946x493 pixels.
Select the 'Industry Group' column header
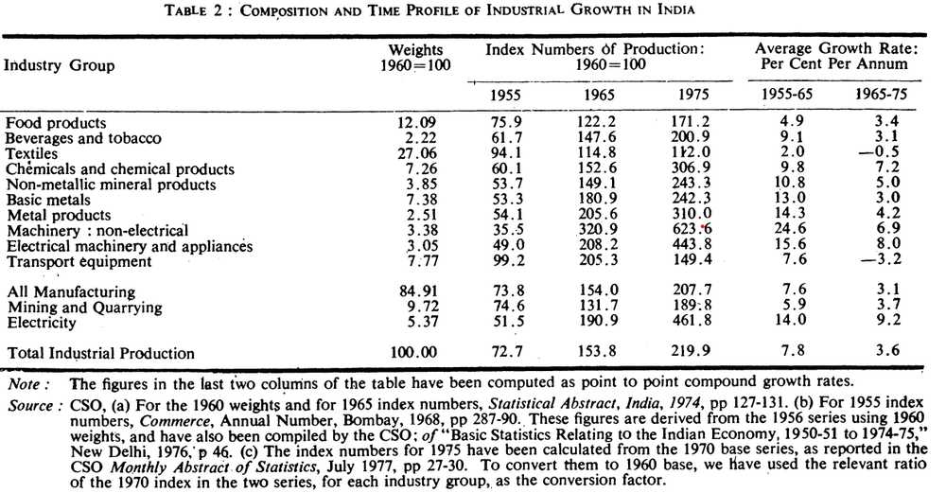pyautogui.click(x=60, y=65)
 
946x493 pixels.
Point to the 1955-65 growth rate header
pyautogui.click(x=785, y=96)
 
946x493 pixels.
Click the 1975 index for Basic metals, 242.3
pyautogui.click(x=700, y=199)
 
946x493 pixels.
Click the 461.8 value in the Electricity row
pyautogui.click(x=700, y=323)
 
